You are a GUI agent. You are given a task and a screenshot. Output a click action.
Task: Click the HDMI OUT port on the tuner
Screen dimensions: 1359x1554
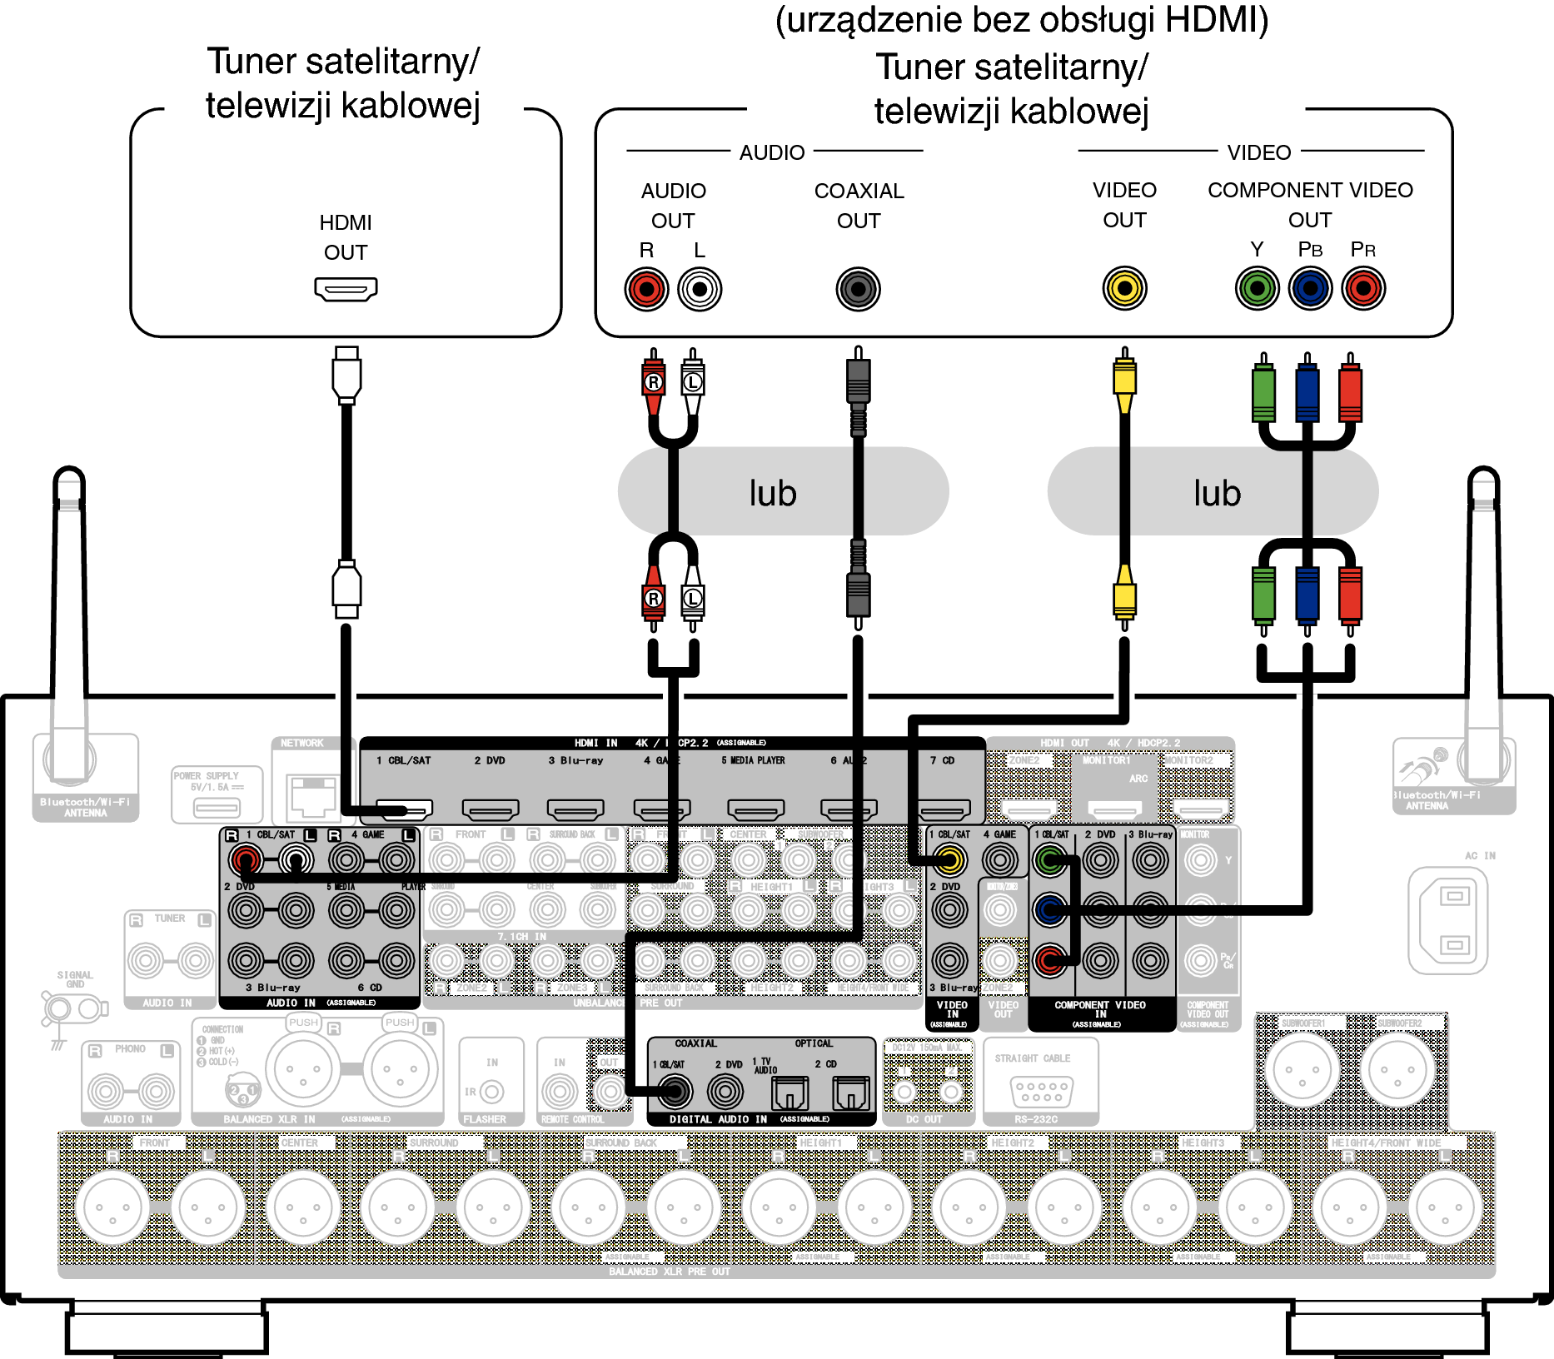[x=346, y=289]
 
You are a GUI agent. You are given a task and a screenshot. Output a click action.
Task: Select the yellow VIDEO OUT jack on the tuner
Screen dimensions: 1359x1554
[x=1124, y=289]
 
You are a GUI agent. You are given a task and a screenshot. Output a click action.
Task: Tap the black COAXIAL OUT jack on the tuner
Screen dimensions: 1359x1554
[x=858, y=289]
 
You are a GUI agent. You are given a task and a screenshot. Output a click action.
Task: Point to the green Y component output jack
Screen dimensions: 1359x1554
[x=1257, y=289]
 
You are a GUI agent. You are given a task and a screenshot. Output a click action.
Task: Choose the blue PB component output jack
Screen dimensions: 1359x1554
[x=1310, y=289]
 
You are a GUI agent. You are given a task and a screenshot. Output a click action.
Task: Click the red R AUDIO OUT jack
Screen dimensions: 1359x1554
[x=646, y=289]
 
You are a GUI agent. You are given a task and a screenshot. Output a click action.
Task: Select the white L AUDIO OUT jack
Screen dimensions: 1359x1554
[x=700, y=289]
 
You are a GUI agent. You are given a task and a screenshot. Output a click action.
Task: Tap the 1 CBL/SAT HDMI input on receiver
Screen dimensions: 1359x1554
[x=405, y=809]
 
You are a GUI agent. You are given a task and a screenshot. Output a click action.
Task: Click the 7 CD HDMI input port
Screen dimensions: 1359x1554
[x=944, y=809]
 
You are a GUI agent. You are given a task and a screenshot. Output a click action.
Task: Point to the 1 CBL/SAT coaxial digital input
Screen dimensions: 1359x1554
[x=675, y=1091]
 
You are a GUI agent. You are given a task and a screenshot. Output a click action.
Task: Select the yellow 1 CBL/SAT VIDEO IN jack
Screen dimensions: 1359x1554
[x=949, y=860]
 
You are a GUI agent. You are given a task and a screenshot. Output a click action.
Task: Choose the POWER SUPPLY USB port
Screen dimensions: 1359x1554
[x=216, y=807]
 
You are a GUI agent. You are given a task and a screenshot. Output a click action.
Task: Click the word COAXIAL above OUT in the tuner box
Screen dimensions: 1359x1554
[x=859, y=191]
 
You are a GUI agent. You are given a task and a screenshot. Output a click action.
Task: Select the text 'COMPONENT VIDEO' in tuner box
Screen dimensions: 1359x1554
[x=1310, y=190]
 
